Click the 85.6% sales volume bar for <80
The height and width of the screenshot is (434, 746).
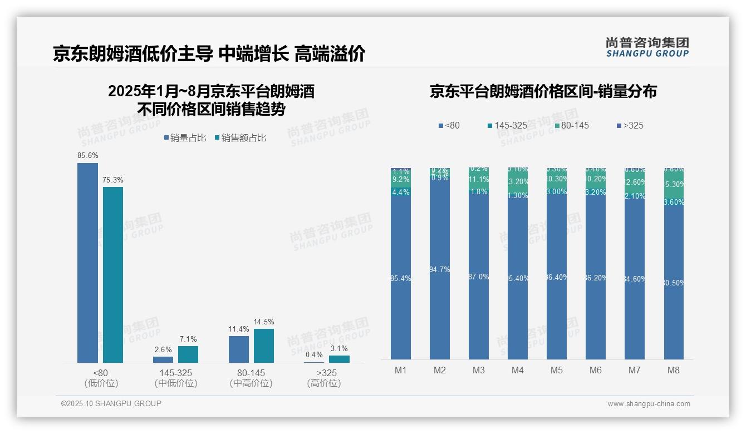point(87,263)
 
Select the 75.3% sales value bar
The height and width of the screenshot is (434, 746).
point(113,275)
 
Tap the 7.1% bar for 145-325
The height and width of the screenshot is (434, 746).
point(188,354)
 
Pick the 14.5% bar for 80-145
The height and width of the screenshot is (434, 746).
point(264,346)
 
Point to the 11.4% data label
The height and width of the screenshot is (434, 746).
point(239,329)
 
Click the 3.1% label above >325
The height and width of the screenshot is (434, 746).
point(338,349)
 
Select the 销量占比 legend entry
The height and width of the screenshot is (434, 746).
point(185,138)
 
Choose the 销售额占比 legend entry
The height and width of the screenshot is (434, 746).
point(240,138)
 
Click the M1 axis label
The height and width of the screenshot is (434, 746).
point(401,370)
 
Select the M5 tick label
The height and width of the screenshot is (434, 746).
point(557,370)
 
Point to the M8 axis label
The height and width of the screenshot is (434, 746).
point(673,370)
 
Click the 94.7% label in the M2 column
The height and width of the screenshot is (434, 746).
point(440,270)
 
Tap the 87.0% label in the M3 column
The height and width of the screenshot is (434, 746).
point(479,277)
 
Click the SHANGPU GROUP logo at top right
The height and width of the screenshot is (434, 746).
point(647,47)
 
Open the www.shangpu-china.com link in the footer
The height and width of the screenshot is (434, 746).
point(649,404)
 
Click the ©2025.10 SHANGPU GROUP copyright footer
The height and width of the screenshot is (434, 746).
point(111,403)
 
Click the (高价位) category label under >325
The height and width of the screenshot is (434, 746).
point(323,383)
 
